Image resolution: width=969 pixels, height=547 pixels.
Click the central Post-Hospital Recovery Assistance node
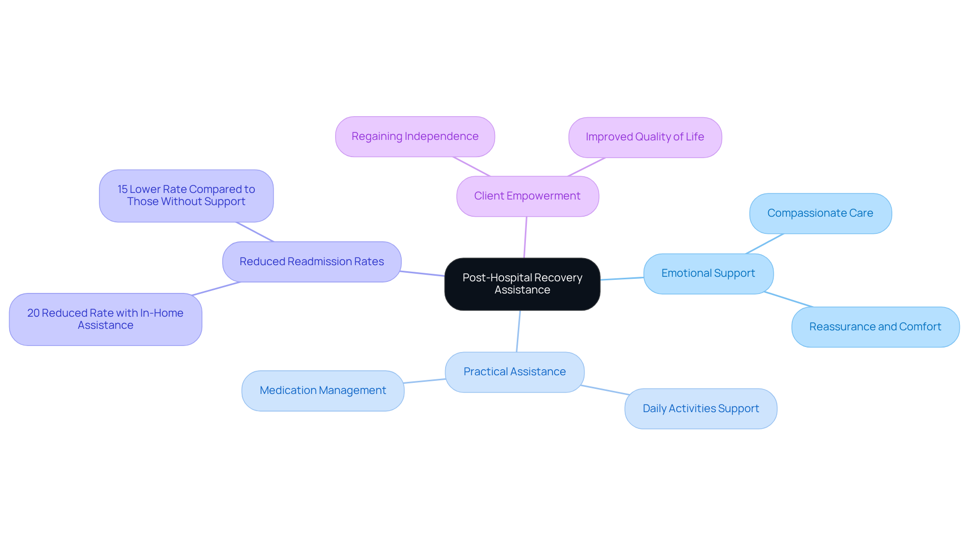pyautogui.click(x=522, y=284)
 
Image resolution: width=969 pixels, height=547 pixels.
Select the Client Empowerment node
pyautogui.click(x=527, y=196)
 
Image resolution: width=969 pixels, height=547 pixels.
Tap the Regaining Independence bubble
pyautogui.click(x=415, y=136)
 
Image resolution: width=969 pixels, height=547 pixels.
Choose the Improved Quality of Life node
pyautogui.click(x=644, y=137)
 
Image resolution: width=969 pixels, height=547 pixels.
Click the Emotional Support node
pyautogui.click(x=708, y=273)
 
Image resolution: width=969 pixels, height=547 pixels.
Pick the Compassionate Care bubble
pyautogui.click(x=820, y=213)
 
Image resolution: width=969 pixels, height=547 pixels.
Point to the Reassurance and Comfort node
pyautogui.click(x=875, y=327)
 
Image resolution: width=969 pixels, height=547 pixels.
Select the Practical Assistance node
pyautogui.click(x=514, y=372)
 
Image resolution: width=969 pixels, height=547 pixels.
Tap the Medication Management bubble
pyautogui.click(x=322, y=390)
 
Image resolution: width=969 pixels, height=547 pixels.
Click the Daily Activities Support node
pyautogui.click(x=701, y=409)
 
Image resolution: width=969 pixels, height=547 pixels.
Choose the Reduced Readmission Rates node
pyautogui.click(x=311, y=262)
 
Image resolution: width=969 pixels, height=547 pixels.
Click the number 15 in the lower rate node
pyautogui.click(x=123, y=189)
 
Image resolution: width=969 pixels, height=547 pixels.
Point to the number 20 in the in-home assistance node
pyautogui.click(x=33, y=313)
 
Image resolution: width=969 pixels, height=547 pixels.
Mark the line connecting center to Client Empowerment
pyautogui.click(x=525, y=237)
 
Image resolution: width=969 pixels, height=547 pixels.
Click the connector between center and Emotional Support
pyautogui.click(x=622, y=278)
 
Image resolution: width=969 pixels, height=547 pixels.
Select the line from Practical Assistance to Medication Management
pyautogui.click(x=424, y=381)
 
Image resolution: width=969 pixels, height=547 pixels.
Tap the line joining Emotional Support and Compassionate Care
pyautogui.click(x=765, y=243)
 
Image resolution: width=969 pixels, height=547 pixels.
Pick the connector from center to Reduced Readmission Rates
pyautogui.click(x=422, y=273)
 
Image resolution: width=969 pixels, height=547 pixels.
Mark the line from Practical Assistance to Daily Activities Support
pyautogui.click(x=605, y=390)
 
